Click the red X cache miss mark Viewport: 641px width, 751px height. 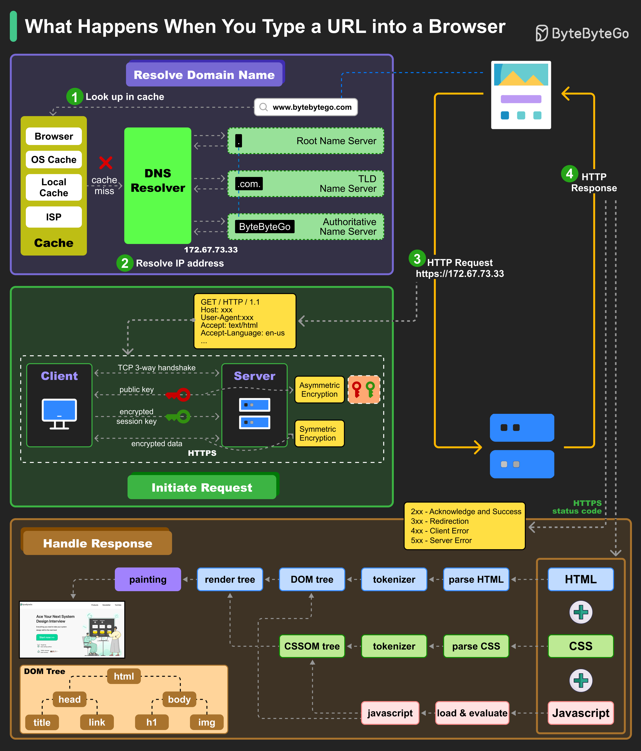click(x=106, y=163)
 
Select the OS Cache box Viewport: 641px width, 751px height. click(x=54, y=159)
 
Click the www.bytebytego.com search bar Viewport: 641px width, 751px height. click(x=306, y=107)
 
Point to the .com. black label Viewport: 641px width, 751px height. click(x=249, y=184)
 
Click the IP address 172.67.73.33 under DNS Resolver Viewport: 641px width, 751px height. click(x=211, y=250)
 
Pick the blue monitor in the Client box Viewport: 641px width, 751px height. click(x=59, y=413)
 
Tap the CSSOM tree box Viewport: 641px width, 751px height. click(x=312, y=646)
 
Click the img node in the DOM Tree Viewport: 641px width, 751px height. click(x=206, y=722)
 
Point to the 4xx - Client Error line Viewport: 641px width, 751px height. click(x=439, y=531)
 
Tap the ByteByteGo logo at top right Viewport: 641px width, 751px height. click(x=582, y=33)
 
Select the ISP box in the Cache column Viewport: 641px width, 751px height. click(x=54, y=217)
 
